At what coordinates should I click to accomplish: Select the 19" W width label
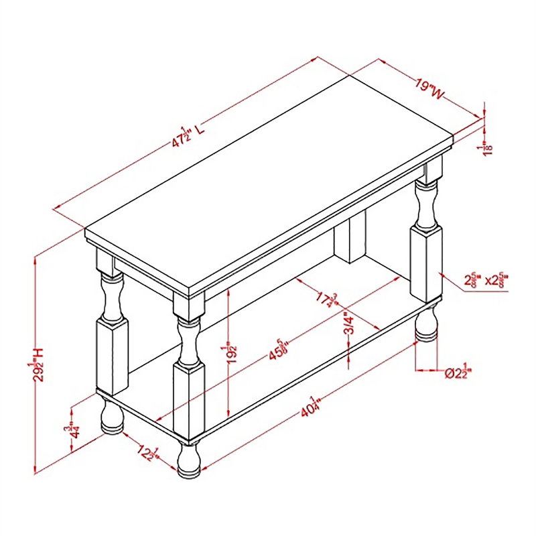point(429,90)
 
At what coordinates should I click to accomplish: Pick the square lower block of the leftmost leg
point(111,355)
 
